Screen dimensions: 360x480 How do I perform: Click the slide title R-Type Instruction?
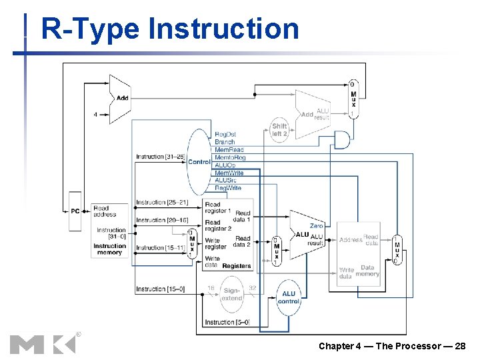(x=170, y=29)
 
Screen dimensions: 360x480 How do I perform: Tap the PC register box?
(x=75, y=211)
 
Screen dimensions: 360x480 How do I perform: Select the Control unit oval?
(x=199, y=162)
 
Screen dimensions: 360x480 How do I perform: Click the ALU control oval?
(x=289, y=297)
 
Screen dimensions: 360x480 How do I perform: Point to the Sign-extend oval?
(x=231, y=294)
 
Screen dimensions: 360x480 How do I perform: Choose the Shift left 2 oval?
(x=279, y=129)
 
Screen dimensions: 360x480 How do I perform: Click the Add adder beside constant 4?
(x=120, y=99)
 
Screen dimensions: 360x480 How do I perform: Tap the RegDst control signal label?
(x=225, y=135)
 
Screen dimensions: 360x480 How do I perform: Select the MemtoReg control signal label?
(x=229, y=157)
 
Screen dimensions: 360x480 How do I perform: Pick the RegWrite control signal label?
(x=228, y=188)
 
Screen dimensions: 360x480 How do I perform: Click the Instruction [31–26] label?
(x=159, y=157)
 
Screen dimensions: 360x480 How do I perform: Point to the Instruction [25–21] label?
(x=162, y=202)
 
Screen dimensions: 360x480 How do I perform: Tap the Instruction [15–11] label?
(x=162, y=247)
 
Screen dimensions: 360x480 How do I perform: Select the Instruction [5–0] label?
(x=227, y=322)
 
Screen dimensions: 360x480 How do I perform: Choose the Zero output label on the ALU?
(x=316, y=226)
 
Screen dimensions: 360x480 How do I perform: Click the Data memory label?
(x=367, y=271)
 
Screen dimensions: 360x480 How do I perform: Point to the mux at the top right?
(x=353, y=99)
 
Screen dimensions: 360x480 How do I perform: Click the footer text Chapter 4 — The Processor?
(x=392, y=346)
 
